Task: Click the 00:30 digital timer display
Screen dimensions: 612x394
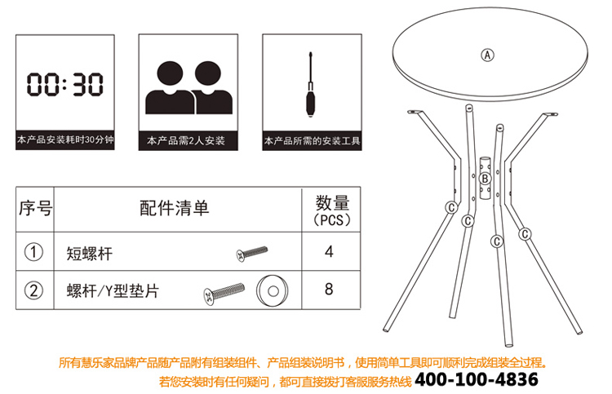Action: (x=64, y=84)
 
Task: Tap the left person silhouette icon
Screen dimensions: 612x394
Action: (x=170, y=88)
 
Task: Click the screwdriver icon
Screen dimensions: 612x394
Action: (x=310, y=84)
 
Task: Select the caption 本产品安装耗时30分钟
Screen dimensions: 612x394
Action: (x=65, y=139)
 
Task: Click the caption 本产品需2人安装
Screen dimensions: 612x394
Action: (x=186, y=140)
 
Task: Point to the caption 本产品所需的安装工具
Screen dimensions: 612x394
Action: (x=312, y=140)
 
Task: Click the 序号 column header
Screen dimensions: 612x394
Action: (x=35, y=208)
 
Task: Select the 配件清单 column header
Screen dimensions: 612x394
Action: (x=175, y=208)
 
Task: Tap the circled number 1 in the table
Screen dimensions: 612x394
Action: (x=33, y=252)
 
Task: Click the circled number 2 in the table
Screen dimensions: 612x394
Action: (x=33, y=290)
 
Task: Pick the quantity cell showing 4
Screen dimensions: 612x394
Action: (x=329, y=251)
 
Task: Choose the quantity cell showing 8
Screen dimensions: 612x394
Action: (x=329, y=289)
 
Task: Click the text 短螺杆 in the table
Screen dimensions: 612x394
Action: (x=90, y=254)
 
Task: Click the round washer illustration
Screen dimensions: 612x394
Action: (x=273, y=291)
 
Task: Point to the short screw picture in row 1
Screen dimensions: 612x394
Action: (x=252, y=254)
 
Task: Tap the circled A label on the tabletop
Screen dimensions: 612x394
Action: (x=487, y=55)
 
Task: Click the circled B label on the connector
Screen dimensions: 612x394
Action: (x=486, y=179)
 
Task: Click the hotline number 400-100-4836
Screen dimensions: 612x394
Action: (x=477, y=379)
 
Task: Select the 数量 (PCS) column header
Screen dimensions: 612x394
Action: (x=332, y=211)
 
